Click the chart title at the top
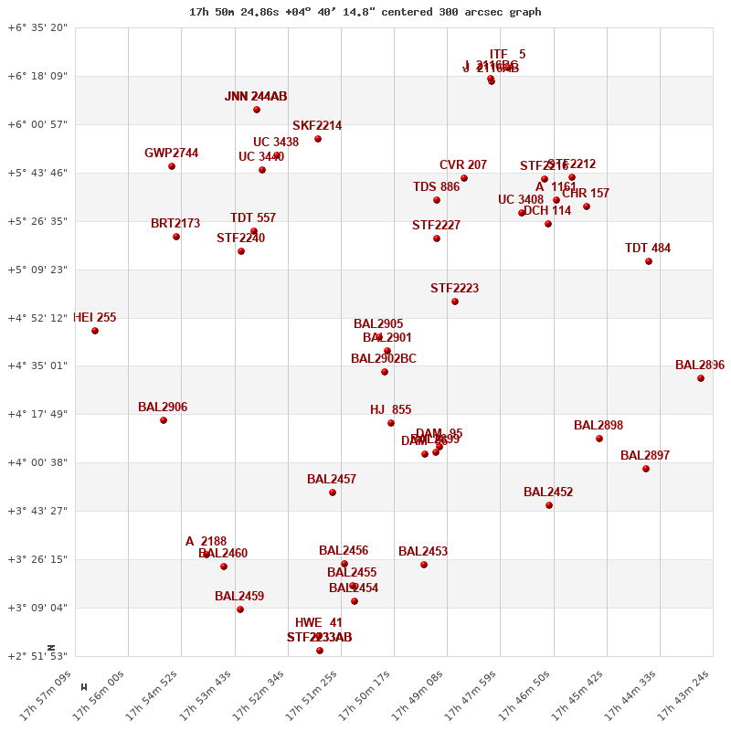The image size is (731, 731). pyautogui.click(x=365, y=12)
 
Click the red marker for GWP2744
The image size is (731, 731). pyautogui.click(x=172, y=166)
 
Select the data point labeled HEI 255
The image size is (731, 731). pyautogui.click(x=95, y=331)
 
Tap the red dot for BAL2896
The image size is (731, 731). pyautogui.click(x=701, y=378)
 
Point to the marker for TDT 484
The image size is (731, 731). pyautogui.click(x=649, y=261)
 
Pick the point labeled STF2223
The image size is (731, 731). pyautogui.click(x=455, y=302)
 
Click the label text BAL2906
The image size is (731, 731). pyautogui.click(x=163, y=408)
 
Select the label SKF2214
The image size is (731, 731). pyautogui.click(x=317, y=126)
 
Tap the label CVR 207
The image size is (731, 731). pyautogui.click(x=463, y=165)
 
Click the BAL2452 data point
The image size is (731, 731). pyautogui.click(x=549, y=505)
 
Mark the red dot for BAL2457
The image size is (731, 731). pyautogui.click(x=333, y=493)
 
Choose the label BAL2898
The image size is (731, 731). pyautogui.click(x=599, y=426)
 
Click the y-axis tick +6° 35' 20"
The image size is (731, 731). pyautogui.click(x=37, y=27)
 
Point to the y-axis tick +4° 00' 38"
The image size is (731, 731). pyautogui.click(x=37, y=462)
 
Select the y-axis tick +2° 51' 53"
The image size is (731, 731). pyautogui.click(x=37, y=656)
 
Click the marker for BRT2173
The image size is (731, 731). pyautogui.click(x=176, y=237)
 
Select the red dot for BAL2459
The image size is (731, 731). pyautogui.click(x=240, y=609)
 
